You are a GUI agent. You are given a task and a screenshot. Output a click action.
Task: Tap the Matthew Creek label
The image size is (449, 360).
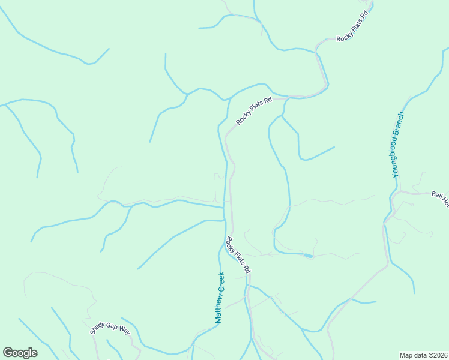click(220, 298)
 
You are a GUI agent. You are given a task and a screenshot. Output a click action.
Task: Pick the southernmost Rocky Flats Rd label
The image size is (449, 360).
click(237, 256)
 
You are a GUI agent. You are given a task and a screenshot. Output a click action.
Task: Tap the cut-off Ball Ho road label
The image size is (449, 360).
click(440, 198)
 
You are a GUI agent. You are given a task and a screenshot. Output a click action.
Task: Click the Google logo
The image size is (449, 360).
click(20, 353)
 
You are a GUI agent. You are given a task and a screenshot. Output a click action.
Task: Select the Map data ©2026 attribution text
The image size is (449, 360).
click(423, 355)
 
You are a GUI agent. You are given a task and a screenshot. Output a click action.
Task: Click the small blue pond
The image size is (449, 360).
click(308, 256)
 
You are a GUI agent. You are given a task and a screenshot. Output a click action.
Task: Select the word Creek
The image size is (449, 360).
click(221, 282)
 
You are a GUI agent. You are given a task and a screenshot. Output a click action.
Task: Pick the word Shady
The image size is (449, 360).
click(98, 330)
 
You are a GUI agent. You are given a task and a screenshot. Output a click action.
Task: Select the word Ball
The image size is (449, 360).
click(437, 195)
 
